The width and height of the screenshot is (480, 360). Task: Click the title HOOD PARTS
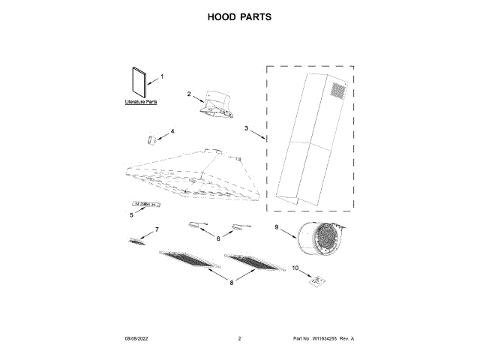tap(240, 16)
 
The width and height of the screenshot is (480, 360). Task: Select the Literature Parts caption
tap(141, 101)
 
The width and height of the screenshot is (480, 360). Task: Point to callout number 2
tap(189, 94)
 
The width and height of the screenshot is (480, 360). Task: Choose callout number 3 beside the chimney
tap(245, 128)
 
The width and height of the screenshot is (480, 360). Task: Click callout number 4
tap(172, 131)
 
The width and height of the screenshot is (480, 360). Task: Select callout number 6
tap(218, 238)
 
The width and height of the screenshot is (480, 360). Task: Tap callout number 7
tap(157, 229)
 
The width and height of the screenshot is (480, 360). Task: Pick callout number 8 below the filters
tap(232, 282)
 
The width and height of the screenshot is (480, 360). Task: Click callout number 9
tap(276, 227)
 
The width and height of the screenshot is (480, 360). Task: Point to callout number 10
tap(295, 268)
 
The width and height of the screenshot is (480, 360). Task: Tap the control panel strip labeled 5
tap(146, 204)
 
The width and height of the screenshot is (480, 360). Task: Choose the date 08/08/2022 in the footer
tap(136, 340)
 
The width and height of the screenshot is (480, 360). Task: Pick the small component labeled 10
tap(318, 280)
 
